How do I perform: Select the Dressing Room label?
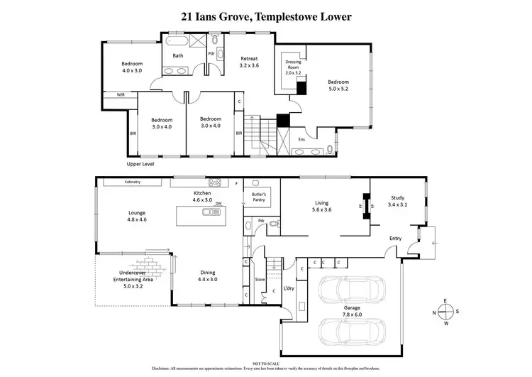pos(294,66)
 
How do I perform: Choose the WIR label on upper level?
pos(112,94)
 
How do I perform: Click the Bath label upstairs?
pos(178,55)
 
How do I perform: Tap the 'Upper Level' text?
pos(140,164)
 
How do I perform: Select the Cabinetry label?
pos(133,182)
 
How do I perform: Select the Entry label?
pos(395,239)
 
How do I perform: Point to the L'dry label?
pos(289,289)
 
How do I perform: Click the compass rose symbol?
pos(445,312)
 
